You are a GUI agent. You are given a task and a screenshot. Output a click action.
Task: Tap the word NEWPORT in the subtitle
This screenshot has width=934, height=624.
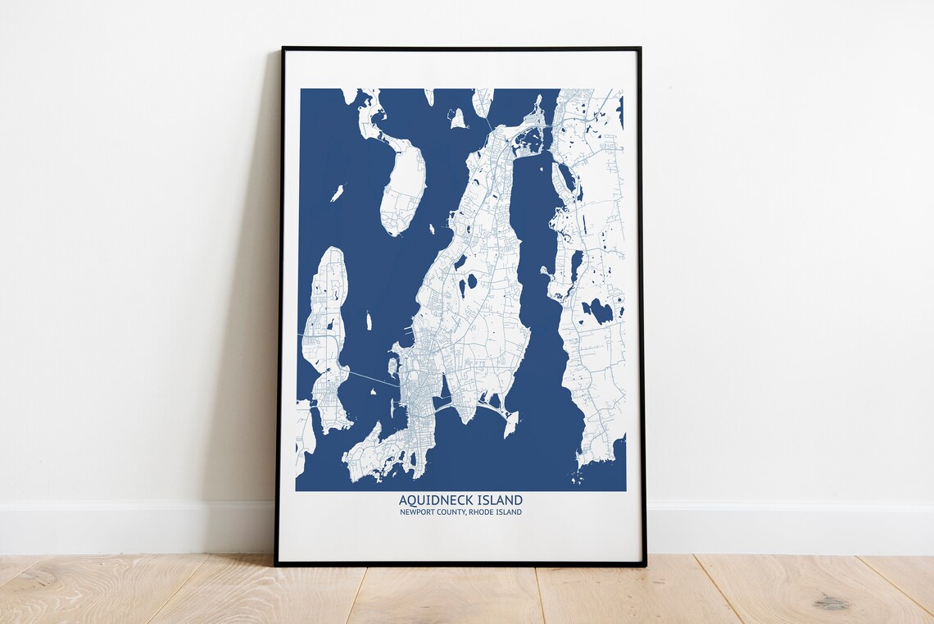pos(417,512)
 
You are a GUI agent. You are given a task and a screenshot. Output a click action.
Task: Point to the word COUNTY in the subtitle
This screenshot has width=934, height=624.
pos(452,512)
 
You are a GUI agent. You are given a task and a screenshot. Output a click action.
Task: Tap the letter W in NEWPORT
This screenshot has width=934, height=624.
pos(413,512)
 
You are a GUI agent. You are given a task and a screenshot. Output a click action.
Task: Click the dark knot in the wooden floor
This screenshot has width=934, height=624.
pos(831,604)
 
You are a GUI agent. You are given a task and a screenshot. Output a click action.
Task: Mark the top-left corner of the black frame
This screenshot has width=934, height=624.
pos(283,48)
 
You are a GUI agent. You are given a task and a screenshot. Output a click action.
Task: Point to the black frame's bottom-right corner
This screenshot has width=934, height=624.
pos(644,564)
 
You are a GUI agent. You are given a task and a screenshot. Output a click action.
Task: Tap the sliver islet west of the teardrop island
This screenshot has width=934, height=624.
pos(337,193)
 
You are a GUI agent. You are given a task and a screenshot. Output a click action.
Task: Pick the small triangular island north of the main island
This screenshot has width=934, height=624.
pos(457,119)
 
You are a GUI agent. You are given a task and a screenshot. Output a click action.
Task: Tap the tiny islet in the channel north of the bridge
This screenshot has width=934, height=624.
pos(368,321)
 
